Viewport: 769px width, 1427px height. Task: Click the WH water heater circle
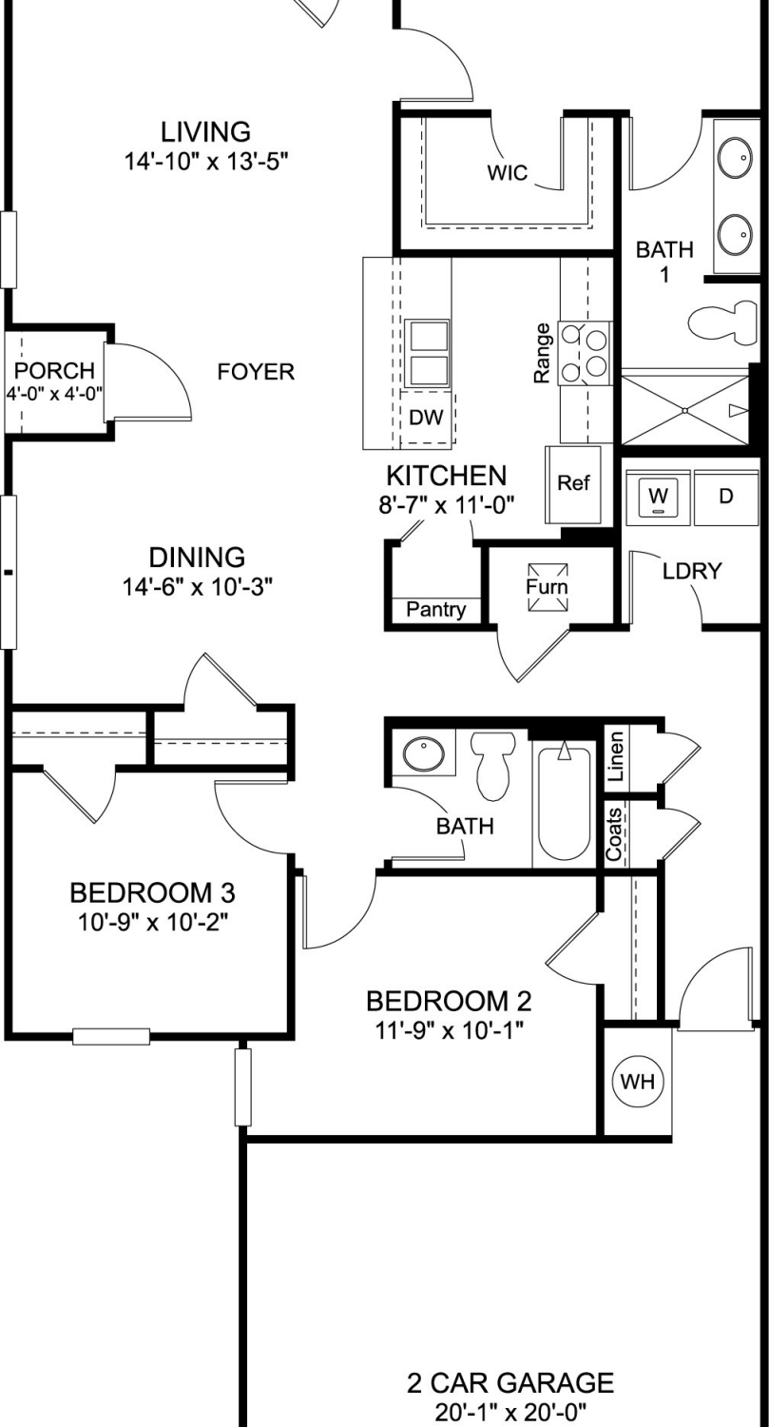click(637, 1081)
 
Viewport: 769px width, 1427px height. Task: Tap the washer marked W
click(659, 497)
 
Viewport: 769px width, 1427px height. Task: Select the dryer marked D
click(726, 497)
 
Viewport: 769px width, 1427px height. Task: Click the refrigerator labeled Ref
click(573, 484)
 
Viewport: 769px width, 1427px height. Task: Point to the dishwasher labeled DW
click(426, 419)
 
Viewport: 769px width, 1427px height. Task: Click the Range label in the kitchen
click(541, 354)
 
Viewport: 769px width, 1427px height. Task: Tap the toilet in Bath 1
click(722, 322)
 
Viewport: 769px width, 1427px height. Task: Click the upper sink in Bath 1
click(736, 157)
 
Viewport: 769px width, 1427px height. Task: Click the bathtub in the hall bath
click(564, 803)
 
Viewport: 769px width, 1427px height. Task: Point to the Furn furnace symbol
click(547, 587)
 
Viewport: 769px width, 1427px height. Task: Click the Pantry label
click(436, 610)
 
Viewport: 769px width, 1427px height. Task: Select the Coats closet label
click(614, 834)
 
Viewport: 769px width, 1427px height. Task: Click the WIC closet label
click(508, 172)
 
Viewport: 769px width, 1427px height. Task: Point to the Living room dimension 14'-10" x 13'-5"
click(206, 162)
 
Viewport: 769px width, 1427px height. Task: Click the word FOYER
click(256, 371)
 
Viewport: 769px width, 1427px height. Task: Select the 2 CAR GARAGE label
click(510, 1383)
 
